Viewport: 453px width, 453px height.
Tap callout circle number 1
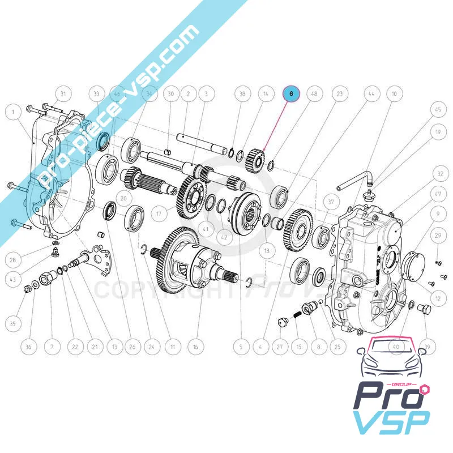tap(11, 113)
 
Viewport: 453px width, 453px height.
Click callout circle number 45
tap(437, 110)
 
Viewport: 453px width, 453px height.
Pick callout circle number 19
tap(437, 133)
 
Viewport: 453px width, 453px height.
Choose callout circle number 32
tap(440, 173)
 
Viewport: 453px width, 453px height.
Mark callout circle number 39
tap(428, 346)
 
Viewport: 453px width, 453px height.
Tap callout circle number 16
tap(195, 346)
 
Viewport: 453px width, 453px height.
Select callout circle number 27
tap(279, 346)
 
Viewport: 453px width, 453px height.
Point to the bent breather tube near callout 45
tap(354, 181)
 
